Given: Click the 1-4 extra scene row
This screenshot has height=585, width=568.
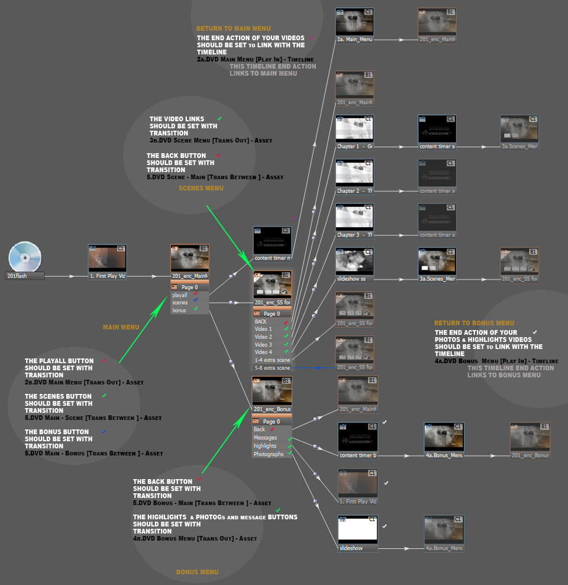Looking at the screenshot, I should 272,360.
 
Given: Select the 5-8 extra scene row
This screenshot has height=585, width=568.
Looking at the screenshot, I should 272,368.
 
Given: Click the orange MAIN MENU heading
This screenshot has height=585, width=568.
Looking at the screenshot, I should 121,327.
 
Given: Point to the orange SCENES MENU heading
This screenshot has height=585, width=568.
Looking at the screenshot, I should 201,189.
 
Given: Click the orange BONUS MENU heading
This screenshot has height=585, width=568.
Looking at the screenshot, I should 197,572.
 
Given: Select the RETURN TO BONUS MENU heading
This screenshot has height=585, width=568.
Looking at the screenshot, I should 474,324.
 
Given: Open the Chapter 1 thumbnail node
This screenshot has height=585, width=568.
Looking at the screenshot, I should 354,131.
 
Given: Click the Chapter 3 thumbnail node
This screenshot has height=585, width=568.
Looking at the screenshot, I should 354,219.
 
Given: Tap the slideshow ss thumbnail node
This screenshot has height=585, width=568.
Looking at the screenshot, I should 354,263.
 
